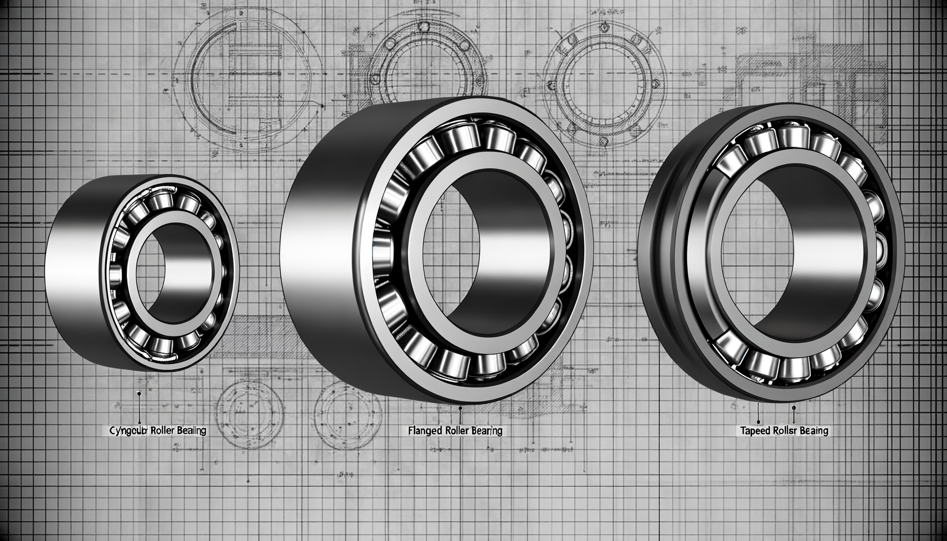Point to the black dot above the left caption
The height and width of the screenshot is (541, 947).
coord(138,393)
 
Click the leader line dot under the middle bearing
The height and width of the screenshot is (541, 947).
coord(461,408)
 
